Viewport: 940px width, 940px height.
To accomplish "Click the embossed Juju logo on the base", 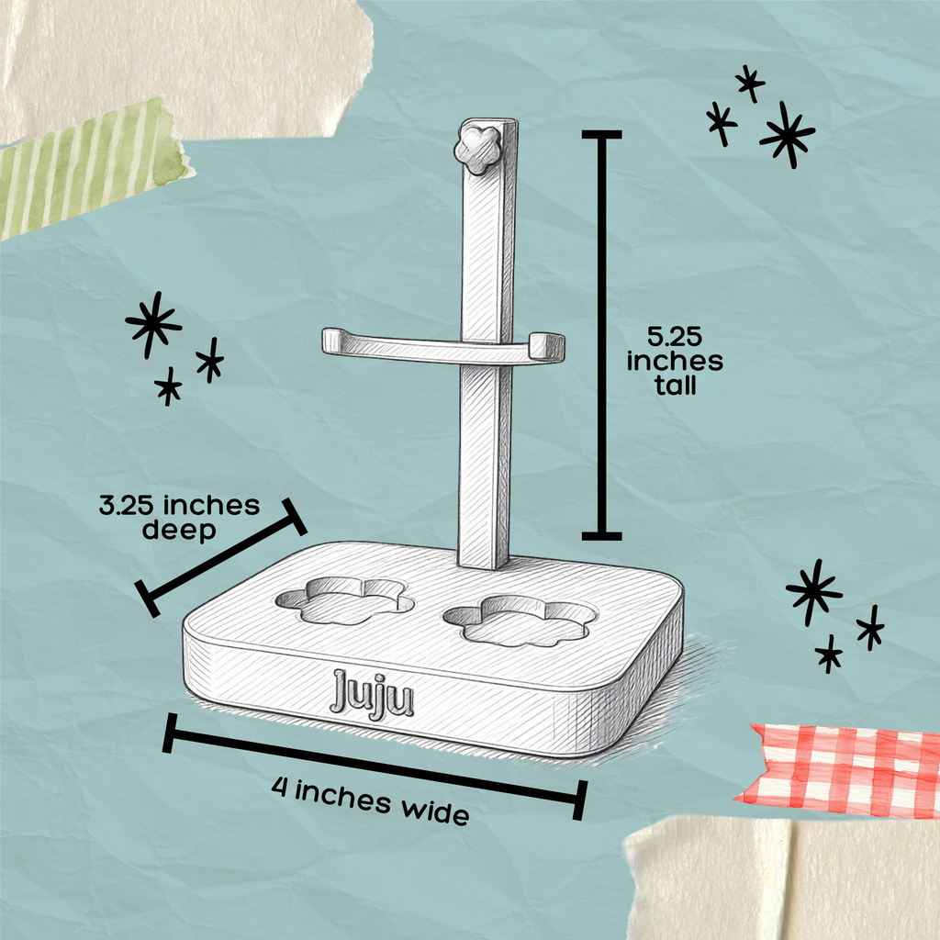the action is (x=372, y=694).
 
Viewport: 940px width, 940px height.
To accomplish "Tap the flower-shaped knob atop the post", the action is (x=477, y=150).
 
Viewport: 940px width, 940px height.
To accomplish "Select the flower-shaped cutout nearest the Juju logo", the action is (x=345, y=600).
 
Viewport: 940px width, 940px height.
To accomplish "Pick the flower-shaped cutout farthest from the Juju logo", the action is (x=520, y=620).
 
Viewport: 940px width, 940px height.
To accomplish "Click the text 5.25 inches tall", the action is (x=675, y=361).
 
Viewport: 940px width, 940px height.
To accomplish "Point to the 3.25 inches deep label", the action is (x=179, y=518).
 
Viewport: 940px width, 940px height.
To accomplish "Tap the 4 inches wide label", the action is (x=370, y=800).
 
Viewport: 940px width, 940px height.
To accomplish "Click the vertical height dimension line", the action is (x=601, y=335).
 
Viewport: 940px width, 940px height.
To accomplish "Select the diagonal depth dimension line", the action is (x=220, y=557).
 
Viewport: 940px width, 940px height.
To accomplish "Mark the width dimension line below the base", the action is (x=375, y=766).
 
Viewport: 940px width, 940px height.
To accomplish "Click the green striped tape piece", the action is (x=90, y=169).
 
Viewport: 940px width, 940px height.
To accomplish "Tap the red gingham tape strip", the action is (x=839, y=771).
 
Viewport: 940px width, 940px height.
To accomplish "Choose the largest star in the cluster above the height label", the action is (x=787, y=135).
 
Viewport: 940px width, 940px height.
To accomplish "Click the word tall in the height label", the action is (x=675, y=386).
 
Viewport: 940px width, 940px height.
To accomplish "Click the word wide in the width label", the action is (x=435, y=811).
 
